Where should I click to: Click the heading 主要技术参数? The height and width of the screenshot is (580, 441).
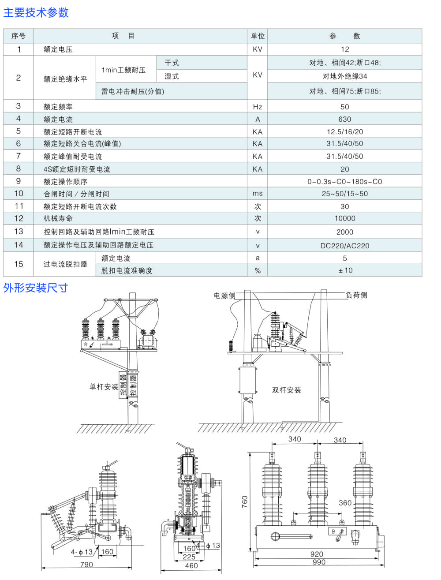(x=36, y=12)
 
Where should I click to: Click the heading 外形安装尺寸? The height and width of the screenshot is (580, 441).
(x=36, y=288)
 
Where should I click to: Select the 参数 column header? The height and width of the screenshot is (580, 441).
(x=344, y=36)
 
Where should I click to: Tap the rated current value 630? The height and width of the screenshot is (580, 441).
(x=344, y=119)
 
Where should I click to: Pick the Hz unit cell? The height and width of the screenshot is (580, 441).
(x=258, y=107)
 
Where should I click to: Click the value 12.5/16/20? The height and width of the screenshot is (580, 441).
(x=344, y=131)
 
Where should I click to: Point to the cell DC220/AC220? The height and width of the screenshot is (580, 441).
(x=344, y=246)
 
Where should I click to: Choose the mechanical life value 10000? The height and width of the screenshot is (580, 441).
(x=344, y=218)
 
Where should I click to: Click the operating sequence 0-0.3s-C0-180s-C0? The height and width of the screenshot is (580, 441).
(x=344, y=182)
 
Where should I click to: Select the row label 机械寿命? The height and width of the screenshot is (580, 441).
(x=58, y=218)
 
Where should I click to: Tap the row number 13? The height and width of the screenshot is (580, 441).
(x=19, y=232)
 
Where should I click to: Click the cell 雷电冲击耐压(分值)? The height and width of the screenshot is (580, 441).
(x=133, y=91)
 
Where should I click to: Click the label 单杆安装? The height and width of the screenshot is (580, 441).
(x=104, y=387)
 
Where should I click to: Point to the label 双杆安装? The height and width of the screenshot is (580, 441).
(x=287, y=390)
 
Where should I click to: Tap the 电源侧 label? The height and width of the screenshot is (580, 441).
(x=224, y=296)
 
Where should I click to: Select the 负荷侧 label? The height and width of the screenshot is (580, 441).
(x=356, y=295)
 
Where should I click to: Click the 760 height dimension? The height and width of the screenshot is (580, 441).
(x=245, y=501)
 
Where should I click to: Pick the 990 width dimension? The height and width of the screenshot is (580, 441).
(x=319, y=562)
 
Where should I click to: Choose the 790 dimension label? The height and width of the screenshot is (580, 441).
(x=86, y=565)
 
